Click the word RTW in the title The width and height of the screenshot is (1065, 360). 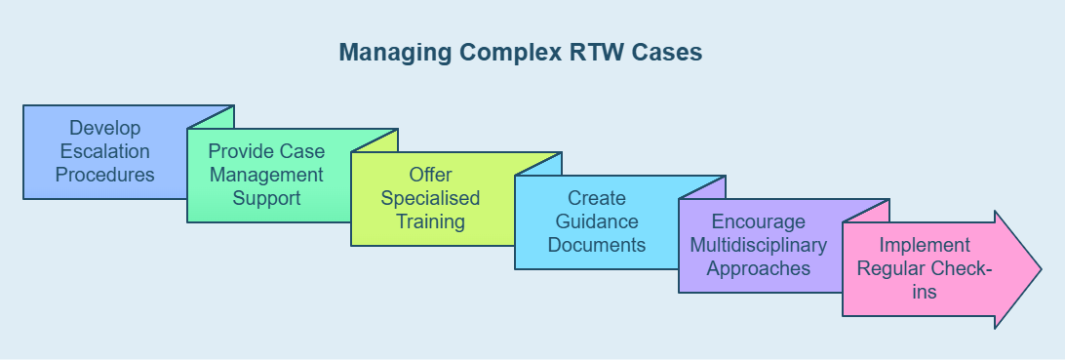tap(596, 53)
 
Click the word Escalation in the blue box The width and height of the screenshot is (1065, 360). tap(104, 151)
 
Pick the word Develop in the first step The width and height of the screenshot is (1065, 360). tap(104, 128)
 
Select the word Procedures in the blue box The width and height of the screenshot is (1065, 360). tap(104, 175)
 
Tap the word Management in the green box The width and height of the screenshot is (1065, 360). tap(266, 176)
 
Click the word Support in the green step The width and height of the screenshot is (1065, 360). tap(266, 199)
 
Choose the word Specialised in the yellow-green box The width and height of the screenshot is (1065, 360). tap(430, 198)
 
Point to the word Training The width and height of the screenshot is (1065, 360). tap(431, 221)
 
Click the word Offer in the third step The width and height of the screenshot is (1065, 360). tap(431, 175)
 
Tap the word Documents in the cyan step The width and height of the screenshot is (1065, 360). tap(596, 245)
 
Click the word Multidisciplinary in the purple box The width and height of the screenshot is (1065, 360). tap(758, 245)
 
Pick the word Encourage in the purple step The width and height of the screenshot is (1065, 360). tap(758, 222)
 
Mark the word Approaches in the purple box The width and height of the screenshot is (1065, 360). tap(759, 269)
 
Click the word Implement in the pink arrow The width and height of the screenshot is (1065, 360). tap(925, 245)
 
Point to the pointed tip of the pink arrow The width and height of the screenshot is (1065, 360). tap(1042, 269)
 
